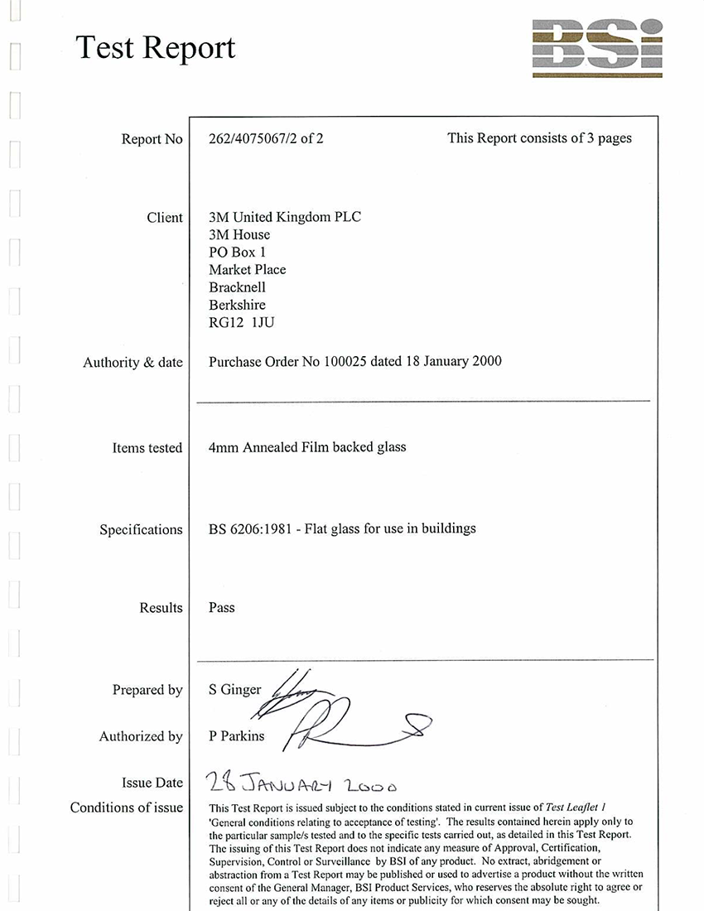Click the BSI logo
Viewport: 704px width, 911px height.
596,47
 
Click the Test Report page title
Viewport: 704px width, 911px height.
156,48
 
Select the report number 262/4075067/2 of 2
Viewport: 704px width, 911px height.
266,139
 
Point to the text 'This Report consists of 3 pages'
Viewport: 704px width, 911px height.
539,138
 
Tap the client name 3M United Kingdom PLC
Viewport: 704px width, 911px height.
285,217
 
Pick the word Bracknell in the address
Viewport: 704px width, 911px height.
238,287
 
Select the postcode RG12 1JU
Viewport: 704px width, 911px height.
241,322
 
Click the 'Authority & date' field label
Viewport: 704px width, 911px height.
133,363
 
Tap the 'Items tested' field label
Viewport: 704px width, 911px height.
147,448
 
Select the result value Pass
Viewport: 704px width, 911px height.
222,608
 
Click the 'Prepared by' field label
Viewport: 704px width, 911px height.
147,690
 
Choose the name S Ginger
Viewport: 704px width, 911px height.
235,690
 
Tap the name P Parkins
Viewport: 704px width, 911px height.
237,736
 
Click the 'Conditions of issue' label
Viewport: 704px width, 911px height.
127,807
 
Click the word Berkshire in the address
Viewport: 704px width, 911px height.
238,305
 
